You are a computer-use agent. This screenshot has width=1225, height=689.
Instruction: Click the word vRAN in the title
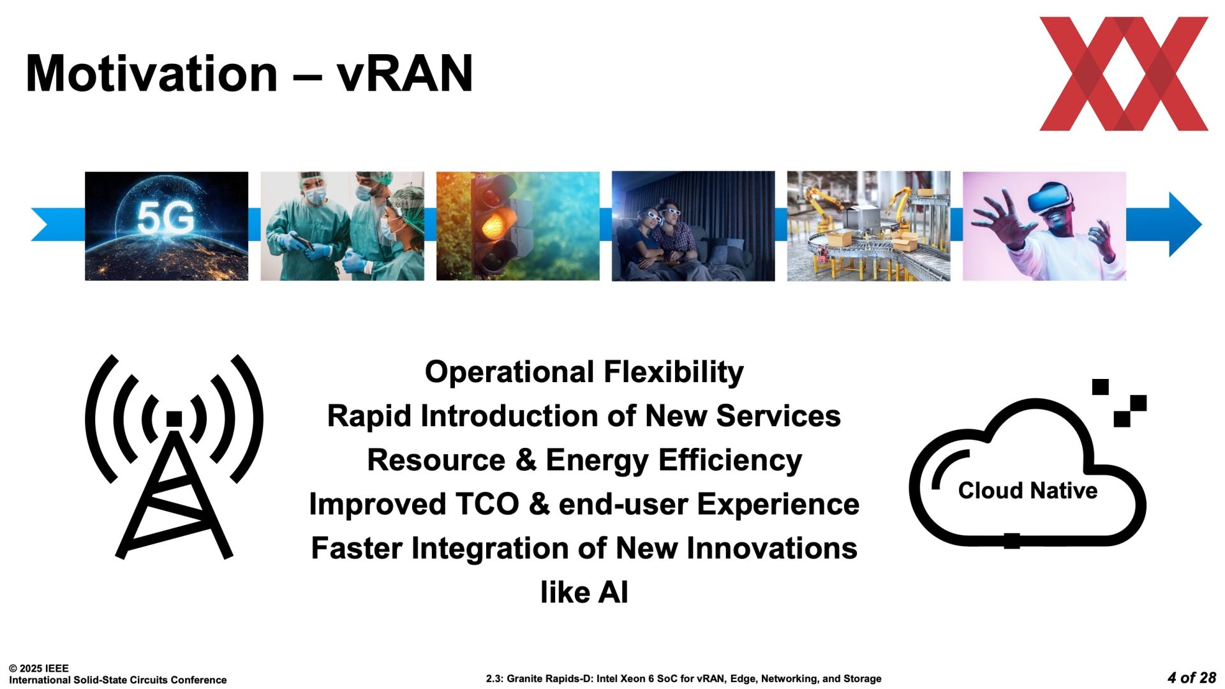(405, 73)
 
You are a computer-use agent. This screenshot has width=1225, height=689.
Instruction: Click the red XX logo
(1124, 74)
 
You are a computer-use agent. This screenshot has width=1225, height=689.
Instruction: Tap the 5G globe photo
(167, 226)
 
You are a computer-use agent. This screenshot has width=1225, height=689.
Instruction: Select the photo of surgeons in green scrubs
(342, 226)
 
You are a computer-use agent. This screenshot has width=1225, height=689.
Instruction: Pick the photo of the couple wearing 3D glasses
(693, 226)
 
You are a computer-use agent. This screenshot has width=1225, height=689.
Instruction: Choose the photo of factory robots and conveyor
(868, 226)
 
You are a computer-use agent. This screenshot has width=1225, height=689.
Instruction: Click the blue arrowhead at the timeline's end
(1185, 225)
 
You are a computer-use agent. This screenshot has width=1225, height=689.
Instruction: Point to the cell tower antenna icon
(174, 456)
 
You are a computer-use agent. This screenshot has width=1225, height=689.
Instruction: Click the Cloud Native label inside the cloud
(1027, 491)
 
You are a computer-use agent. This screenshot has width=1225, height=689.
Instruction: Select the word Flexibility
(674, 373)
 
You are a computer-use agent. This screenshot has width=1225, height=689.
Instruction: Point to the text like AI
(584, 592)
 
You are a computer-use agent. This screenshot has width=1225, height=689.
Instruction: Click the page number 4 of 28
(1192, 678)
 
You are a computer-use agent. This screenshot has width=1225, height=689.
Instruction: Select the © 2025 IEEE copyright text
(39, 669)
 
